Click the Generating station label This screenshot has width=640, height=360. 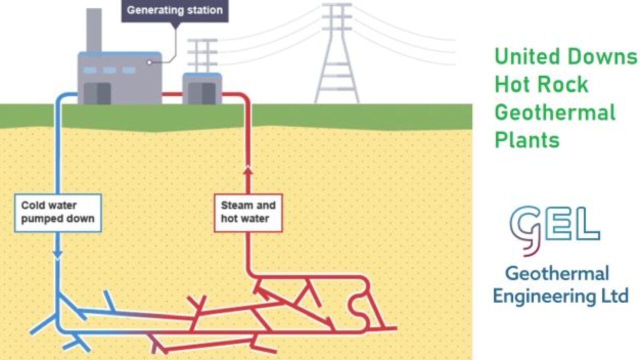point(174,10)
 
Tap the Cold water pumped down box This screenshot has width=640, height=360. point(58,212)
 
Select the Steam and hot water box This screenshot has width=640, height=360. point(248,212)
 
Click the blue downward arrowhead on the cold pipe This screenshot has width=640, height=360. point(57,255)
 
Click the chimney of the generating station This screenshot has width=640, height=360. point(94,30)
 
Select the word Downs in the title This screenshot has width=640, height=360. point(605,56)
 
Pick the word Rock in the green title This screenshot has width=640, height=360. point(566,84)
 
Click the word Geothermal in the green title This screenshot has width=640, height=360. point(554,112)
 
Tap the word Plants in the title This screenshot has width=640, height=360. point(527,140)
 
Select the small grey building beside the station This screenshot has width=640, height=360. point(202,88)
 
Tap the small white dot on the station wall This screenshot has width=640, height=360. point(148,62)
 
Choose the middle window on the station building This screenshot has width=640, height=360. point(109,70)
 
